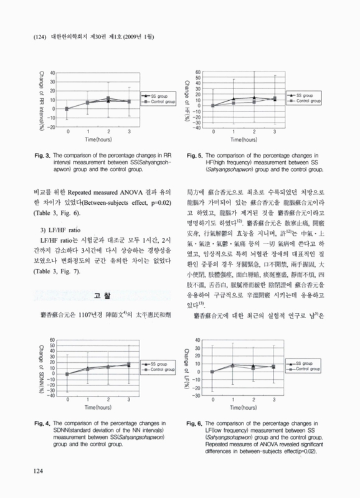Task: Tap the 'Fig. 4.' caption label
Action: click(x=41, y=423)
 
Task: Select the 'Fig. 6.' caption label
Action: click(x=193, y=423)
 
